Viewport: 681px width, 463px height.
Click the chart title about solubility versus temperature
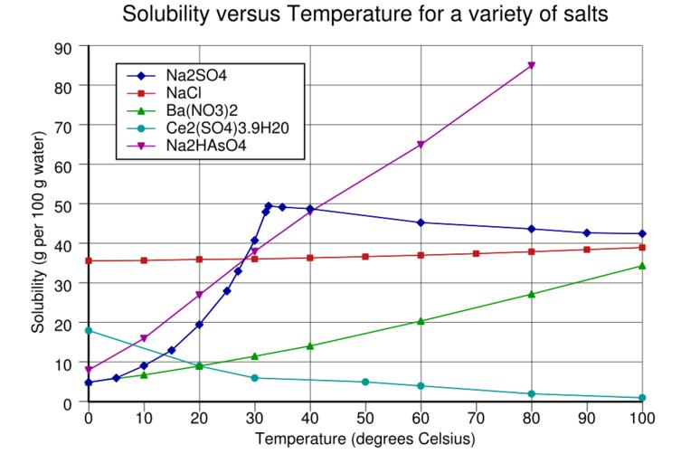(x=364, y=15)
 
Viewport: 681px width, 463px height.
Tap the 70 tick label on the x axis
(x=477, y=420)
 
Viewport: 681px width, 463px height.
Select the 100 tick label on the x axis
(x=642, y=420)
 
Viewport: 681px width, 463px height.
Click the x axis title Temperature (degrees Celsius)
(x=364, y=440)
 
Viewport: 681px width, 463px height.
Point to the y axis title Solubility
(x=38, y=223)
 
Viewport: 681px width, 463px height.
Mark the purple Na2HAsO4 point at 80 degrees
(x=532, y=65)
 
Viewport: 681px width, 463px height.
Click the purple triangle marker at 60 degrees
(x=421, y=145)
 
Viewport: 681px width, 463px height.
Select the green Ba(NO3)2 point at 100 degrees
(x=642, y=266)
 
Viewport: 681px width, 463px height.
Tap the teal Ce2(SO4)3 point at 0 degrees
(x=89, y=331)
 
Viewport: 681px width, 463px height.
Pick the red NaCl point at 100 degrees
(x=642, y=248)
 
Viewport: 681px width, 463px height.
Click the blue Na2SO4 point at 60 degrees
(x=421, y=222)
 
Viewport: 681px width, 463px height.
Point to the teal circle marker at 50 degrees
(x=365, y=382)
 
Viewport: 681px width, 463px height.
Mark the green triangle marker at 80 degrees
(x=532, y=294)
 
